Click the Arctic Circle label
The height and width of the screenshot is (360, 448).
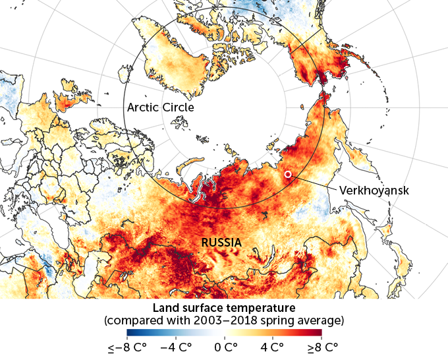[161, 107]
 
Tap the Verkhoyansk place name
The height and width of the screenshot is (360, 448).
[374, 190]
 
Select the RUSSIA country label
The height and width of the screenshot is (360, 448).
[221, 243]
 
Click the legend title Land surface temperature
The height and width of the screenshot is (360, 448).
[224, 309]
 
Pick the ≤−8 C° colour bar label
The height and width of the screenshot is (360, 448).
[127, 347]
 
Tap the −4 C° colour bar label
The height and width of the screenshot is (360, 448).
[175, 347]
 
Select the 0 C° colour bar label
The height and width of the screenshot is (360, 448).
[225, 347]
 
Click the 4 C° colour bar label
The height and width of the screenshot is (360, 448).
[273, 347]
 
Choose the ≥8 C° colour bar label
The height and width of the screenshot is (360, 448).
[320, 347]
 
